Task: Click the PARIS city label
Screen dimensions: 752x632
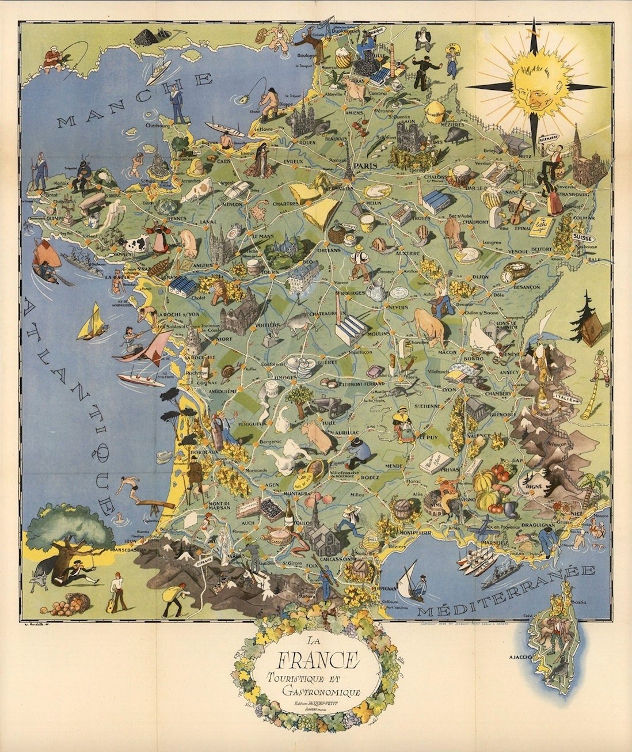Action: [367, 166]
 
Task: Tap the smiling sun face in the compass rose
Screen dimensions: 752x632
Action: [535, 84]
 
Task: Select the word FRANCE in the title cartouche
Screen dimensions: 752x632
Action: [318, 658]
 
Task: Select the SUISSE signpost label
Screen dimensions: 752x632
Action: [584, 237]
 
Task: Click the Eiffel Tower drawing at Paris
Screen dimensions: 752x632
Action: [349, 161]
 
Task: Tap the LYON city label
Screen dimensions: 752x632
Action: [449, 389]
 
